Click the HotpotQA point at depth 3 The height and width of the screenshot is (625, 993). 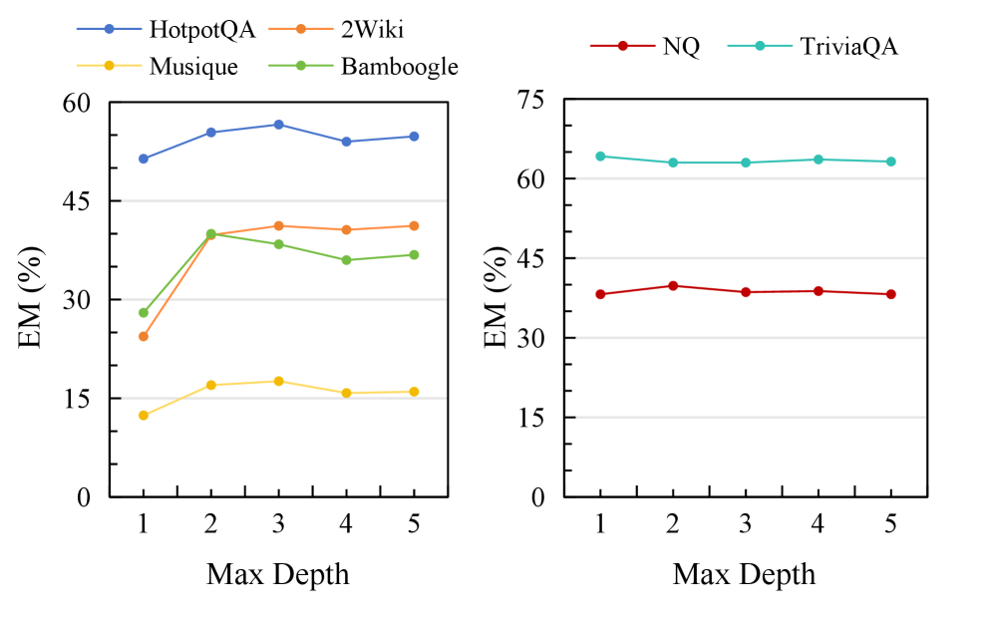[278, 125]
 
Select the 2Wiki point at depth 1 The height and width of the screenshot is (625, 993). [144, 336]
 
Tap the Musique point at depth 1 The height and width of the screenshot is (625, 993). [144, 415]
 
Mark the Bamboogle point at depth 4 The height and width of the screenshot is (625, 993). [346, 260]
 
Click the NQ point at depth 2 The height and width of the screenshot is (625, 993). [673, 286]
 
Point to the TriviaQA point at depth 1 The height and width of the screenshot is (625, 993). [600, 156]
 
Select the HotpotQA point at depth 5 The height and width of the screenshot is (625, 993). [414, 137]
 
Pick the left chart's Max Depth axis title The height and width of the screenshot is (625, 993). [278, 574]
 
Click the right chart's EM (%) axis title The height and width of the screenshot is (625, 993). [496, 298]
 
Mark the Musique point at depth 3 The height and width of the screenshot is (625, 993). [278, 381]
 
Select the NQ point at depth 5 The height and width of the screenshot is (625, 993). [891, 294]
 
